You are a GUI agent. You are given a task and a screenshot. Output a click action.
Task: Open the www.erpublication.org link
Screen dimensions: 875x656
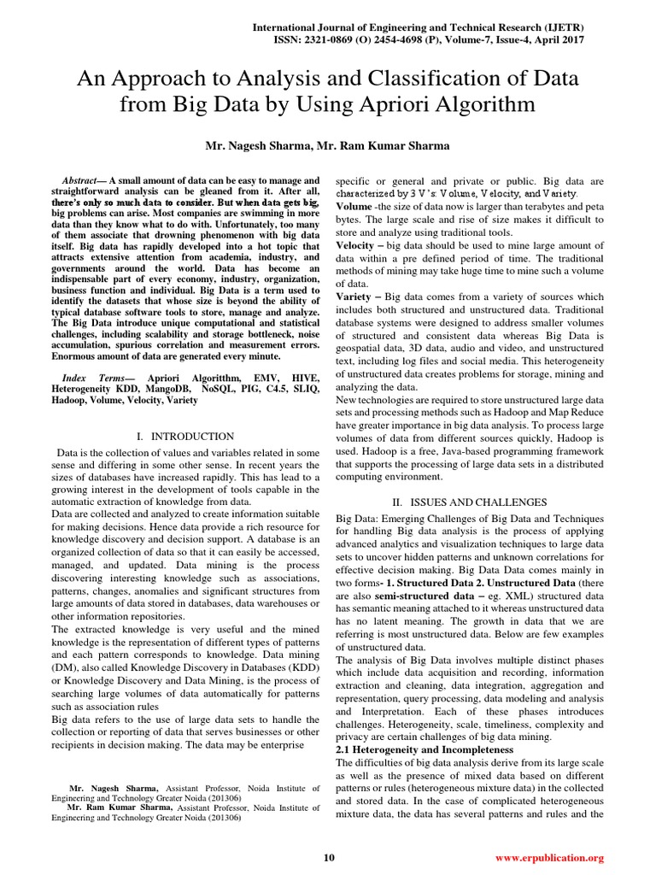point(549,857)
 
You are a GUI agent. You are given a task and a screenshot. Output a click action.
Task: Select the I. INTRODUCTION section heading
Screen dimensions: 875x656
point(184,436)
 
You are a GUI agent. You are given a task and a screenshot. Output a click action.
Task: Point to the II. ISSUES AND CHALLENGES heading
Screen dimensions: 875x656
point(468,501)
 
